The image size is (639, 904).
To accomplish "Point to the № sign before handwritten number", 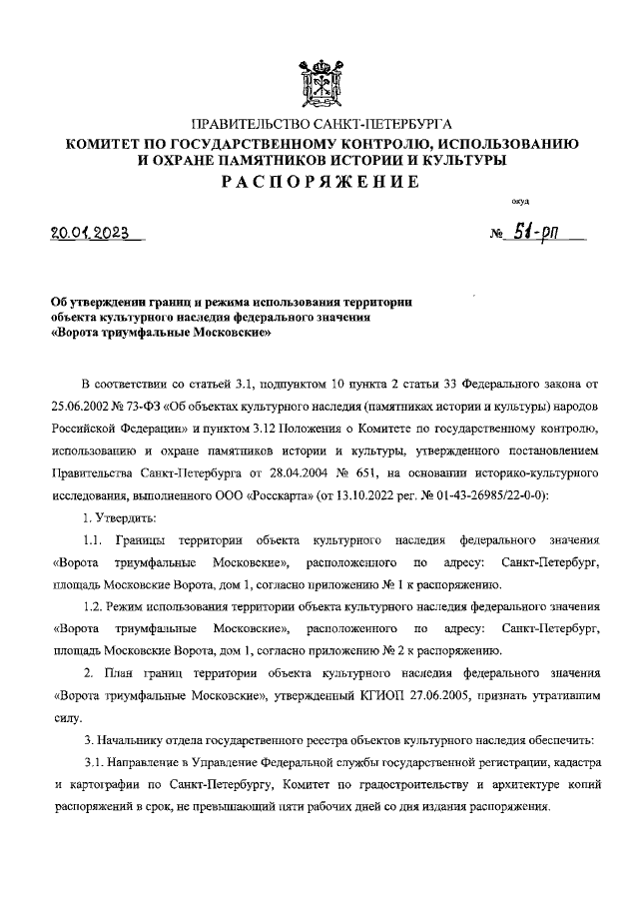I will click(x=496, y=237).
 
